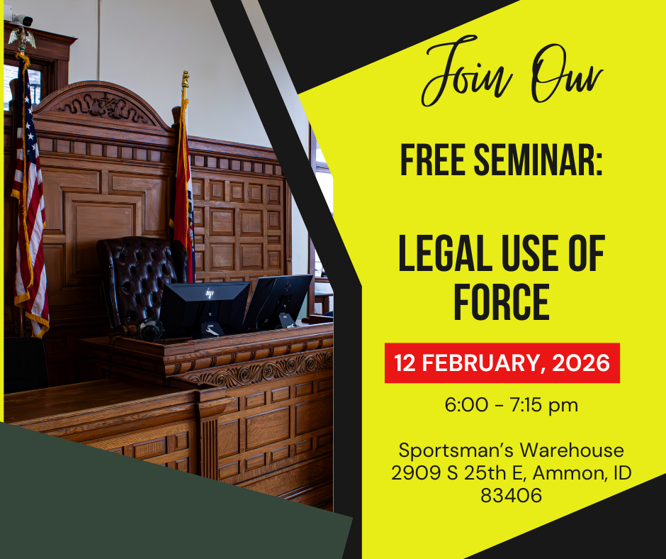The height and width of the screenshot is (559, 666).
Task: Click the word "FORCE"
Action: (502, 301)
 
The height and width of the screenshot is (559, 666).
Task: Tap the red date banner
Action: (502, 363)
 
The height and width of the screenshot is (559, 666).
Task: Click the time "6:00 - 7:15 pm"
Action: (502, 405)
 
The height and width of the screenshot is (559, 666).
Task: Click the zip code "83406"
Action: (511, 495)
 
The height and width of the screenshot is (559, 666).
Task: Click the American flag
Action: (28, 206)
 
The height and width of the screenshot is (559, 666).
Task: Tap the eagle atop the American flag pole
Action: (22, 37)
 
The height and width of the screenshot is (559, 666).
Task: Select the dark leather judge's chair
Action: (138, 277)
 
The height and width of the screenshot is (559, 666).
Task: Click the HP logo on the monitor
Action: (209, 293)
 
